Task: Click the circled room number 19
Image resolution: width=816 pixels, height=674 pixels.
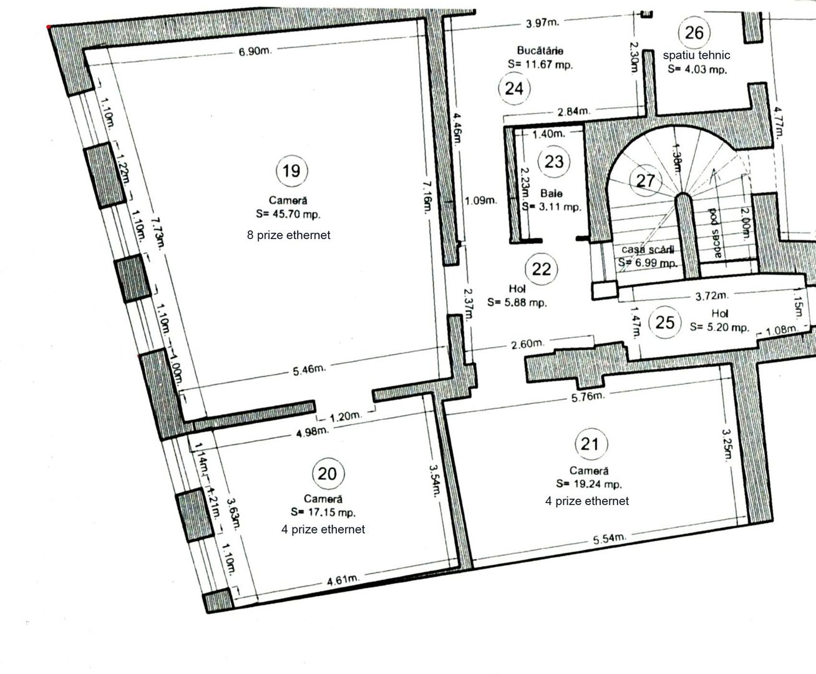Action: click(x=291, y=170)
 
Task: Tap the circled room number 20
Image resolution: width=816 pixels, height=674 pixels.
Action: click(x=327, y=474)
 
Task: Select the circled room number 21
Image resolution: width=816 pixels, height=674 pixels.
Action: click(x=590, y=444)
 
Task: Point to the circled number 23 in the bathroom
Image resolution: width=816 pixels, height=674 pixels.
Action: click(x=554, y=162)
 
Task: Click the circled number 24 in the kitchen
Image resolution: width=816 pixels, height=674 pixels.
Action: click(x=514, y=88)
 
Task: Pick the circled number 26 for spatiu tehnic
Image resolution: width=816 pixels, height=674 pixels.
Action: click(x=694, y=32)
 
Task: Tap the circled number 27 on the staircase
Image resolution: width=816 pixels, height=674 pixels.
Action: click(x=646, y=181)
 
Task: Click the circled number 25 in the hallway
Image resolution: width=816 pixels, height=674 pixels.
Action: click(x=666, y=323)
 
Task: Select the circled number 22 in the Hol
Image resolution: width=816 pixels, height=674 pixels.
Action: click(x=542, y=269)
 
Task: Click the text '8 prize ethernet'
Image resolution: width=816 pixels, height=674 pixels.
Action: click(x=289, y=235)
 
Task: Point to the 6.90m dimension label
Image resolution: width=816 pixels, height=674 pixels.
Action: click(x=255, y=51)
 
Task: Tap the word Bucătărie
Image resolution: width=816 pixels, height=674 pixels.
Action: click(x=540, y=50)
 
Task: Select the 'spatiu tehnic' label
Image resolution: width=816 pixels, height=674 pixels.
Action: click(x=696, y=55)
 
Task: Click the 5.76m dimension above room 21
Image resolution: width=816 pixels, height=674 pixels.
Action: click(x=589, y=396)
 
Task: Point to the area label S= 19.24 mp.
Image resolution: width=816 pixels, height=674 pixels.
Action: click(x=589, y=484)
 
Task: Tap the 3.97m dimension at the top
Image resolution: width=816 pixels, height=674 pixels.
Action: click(x=542, y=24)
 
